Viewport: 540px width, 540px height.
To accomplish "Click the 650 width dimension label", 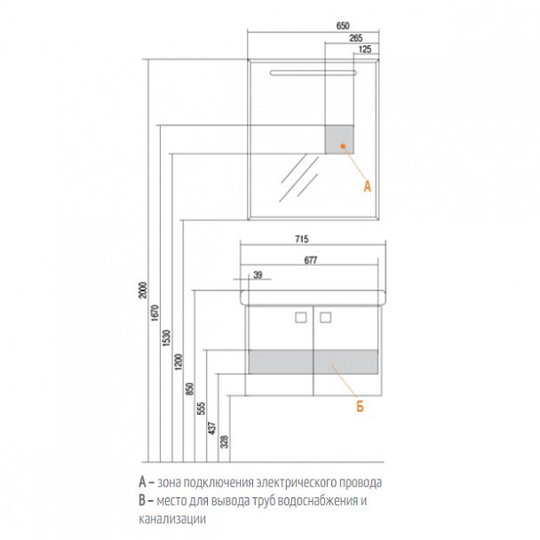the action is tap(343, 26).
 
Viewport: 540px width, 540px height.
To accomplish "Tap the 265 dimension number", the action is tap(356, 38).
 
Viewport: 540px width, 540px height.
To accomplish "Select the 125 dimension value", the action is tap(365, 49).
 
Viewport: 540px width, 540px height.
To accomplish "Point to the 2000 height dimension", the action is tap(143, 290).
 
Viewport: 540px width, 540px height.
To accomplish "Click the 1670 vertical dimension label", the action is tap(155, 313).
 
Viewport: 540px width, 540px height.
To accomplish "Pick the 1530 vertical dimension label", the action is tap(167, 337).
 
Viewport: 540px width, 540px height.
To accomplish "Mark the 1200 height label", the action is tap(179, 361).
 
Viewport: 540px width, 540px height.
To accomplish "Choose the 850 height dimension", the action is tap(190, 388).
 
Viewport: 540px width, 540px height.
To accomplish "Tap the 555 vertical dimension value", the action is tap(201, 408).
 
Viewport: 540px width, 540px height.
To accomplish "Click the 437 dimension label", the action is tap(212, 428).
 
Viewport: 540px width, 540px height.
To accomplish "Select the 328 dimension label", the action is tap(224, 441).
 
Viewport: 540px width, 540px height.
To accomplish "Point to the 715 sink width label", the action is tap(302, 239).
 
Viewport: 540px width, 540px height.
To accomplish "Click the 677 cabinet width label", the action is tap(310, 260).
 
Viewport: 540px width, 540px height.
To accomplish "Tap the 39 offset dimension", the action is tap(258, 274).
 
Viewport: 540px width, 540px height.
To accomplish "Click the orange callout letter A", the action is tap(368, 187).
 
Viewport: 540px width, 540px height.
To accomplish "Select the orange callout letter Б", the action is tap(360, 407).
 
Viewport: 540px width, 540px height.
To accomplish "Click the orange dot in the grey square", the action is tap(343, 146).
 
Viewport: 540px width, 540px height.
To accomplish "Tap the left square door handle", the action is tap(301, 318).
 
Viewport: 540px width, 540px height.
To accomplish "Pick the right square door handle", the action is tap(325, 318).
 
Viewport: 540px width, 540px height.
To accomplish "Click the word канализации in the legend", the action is tap(172, 519).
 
